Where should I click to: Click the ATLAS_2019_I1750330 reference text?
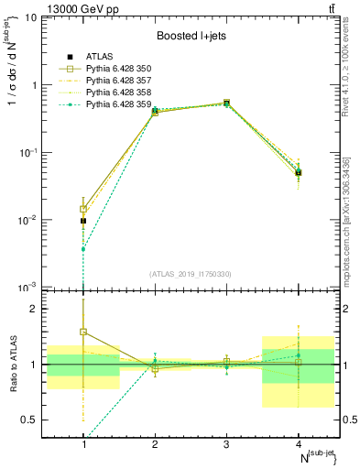191,273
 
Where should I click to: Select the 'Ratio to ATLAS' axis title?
15,365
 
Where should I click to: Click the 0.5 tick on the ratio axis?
38,420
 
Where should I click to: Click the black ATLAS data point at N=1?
83,221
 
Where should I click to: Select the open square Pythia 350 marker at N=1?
83,209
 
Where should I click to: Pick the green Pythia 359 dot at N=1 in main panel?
83,249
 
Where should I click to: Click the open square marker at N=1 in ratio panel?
83,332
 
